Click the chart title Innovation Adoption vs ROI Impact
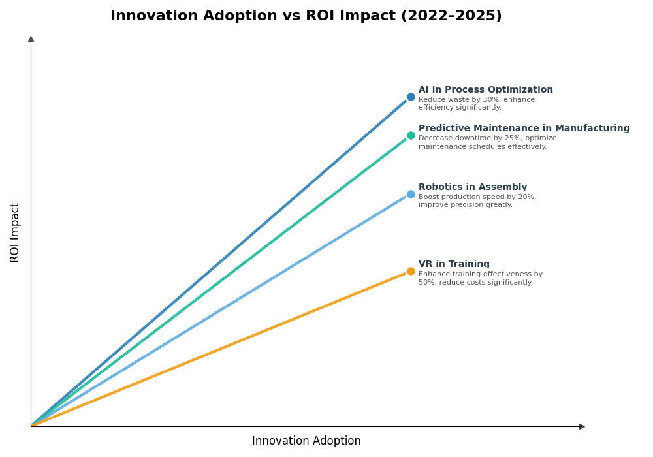coord(306,16)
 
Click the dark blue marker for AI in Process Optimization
coord(411,97)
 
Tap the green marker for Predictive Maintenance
coord(411,136)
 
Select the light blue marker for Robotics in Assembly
coord(411,194)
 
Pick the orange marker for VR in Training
coord(411,271)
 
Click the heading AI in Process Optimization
coord(485,90)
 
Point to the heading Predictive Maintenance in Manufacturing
coord(524,129)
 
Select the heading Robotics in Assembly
coord(472,187)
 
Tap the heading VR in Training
coord(454,264)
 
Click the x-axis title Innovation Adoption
coord(306,441)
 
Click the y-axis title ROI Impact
coord(15,232)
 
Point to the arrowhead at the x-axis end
coord(582,426)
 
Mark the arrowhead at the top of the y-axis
coord(31,39)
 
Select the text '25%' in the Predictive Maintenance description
coord(496,138)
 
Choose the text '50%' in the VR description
coord(426,283)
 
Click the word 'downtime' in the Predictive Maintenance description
coord(466,138)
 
